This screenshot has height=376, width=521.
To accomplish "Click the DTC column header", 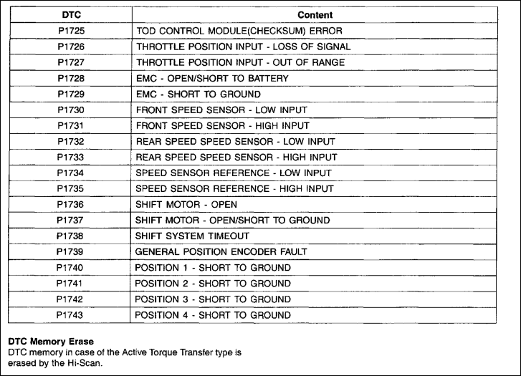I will coord(70,14).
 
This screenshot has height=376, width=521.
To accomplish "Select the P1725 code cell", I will coord(70,30).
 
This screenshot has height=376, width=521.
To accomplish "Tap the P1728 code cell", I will coord(70,77).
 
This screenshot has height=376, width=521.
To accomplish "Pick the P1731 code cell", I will coord(70,125).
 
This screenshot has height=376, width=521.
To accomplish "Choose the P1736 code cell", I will coord(70,204).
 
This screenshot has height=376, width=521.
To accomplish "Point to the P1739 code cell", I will coord(70,251).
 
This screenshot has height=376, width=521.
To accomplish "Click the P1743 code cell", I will coord(70,314).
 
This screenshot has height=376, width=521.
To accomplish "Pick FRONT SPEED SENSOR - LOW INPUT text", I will coord(221,110).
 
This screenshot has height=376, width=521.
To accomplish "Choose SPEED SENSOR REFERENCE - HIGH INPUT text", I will coord(234,188).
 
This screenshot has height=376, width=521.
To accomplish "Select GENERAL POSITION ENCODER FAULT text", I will coord(221,251).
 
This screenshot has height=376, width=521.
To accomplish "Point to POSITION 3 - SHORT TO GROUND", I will coord(213,299).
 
